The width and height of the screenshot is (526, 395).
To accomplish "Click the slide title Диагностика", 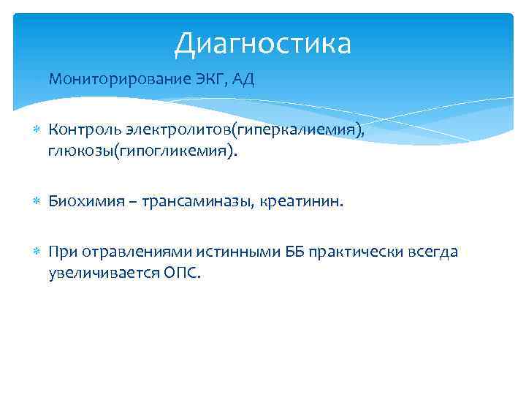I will click(262, 43).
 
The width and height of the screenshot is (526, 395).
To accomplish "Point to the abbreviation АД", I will click(243, 80).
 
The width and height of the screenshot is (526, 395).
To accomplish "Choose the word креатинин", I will click(295, 201).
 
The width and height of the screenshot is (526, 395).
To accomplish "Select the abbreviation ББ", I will click(273, 252).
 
